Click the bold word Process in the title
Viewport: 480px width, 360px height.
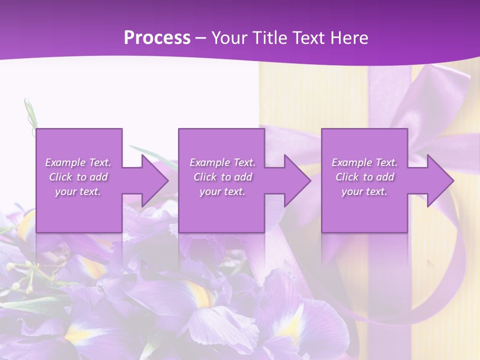pyautogui.click(x=157, y=38)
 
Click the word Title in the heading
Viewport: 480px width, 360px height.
pyautogui.click(x=267, y=38)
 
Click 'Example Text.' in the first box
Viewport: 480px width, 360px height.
pyautogui.click(x=78, y=162)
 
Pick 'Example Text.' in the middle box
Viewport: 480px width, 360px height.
pyautogui.click(x=222, y=162)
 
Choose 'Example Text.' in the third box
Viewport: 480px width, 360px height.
pyautogui.click(x=364, y=162)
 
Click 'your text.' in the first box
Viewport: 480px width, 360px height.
pyautogui.click(x=78, y=191)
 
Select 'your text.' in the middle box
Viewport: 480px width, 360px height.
pyautogui.click(x=222, y=191)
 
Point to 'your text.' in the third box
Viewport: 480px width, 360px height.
pyautogui.click(x=364, y=191)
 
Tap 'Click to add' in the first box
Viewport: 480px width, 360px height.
pyautogui.click(x=78, y=177)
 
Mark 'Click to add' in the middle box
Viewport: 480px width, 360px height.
pyautogui.click(x=222, y=177)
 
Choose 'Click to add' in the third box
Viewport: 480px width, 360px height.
pyautogui.click(x=364, y=177)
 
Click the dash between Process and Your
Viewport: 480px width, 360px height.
pyautogui.click(x=201, y=38)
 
